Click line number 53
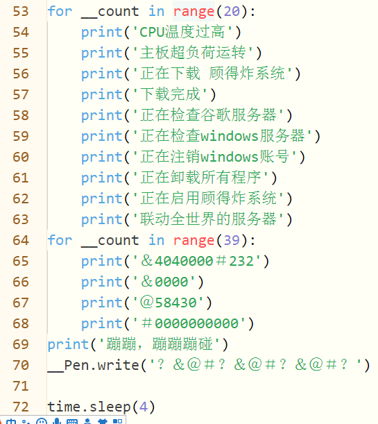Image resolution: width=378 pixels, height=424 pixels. [21, 11]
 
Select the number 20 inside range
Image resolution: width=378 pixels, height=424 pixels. [232, 11]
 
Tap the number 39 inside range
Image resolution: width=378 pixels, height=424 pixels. [232, 240]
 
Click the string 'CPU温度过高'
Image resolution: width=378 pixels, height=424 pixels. [182, 32]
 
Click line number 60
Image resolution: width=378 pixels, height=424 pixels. [21, 157]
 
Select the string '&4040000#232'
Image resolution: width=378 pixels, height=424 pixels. [197, 261]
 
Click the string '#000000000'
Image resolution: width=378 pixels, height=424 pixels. [189, 323]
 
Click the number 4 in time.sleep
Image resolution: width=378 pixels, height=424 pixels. [143, 407]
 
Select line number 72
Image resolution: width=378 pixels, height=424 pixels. [21, 407]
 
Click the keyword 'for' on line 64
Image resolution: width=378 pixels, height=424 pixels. [60, 240]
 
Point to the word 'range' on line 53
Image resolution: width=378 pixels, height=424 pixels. [194, 12]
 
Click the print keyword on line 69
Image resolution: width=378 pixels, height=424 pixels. [68, 345]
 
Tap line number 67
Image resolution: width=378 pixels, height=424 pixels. [21, 303]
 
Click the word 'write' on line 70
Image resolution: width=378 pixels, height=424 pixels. [118, 365]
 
